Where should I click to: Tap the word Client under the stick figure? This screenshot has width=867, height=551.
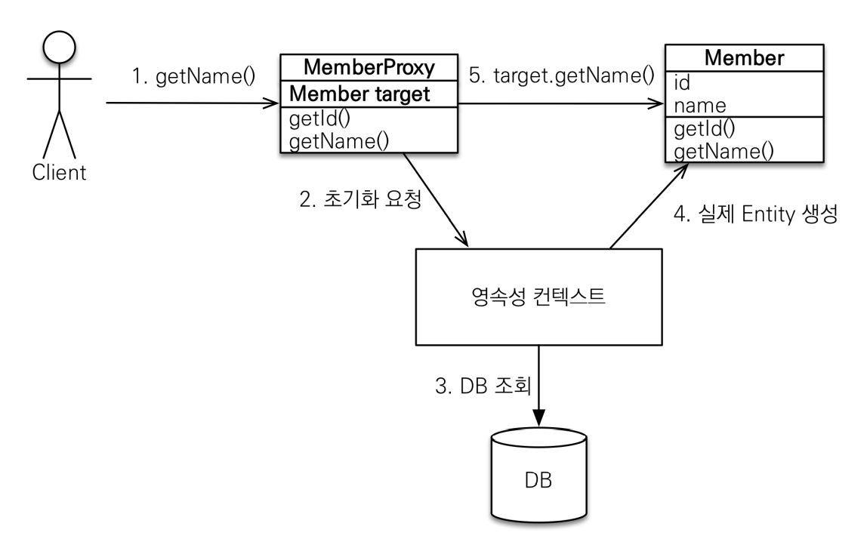point(59,172)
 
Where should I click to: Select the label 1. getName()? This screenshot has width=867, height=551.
point(193,76)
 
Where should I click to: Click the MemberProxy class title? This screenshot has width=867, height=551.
point(369,67)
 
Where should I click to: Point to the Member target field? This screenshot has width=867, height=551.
point(359,94)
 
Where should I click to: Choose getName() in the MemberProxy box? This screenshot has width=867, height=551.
point(339,141)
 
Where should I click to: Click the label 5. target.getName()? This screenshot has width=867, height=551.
point(562,75)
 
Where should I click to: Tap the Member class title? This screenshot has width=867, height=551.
point(744,58)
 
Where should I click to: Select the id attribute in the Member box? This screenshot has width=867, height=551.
point(682,83)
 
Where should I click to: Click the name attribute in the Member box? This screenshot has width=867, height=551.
point(700,105)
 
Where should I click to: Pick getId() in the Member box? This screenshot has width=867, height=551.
point(705,129)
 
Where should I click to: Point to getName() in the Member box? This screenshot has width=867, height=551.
point(724,152)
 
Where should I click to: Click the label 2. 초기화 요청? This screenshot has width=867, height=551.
point(360,199)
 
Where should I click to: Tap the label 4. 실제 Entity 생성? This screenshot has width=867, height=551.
point(756,214)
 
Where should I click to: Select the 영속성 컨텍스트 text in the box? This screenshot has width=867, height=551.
point(538,297)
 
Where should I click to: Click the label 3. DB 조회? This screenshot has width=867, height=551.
point(483,385)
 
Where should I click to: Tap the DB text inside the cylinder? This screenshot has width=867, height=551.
point(538,480)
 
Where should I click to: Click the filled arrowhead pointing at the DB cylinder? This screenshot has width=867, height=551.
point(538,418)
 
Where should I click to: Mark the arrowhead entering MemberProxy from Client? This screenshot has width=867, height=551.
point(271,103)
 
